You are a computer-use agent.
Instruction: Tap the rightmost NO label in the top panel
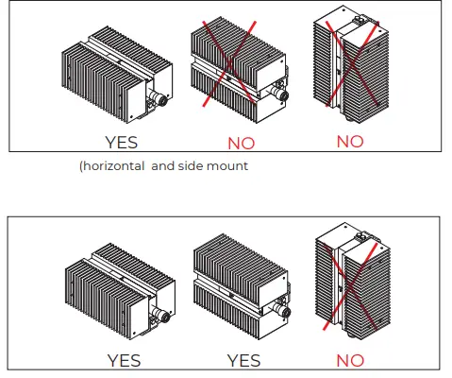click(350, 142)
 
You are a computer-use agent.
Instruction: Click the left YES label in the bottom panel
click(124, 360)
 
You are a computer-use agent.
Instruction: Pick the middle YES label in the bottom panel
click(245, 360)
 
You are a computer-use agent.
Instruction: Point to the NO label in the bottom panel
click(350, 360)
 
